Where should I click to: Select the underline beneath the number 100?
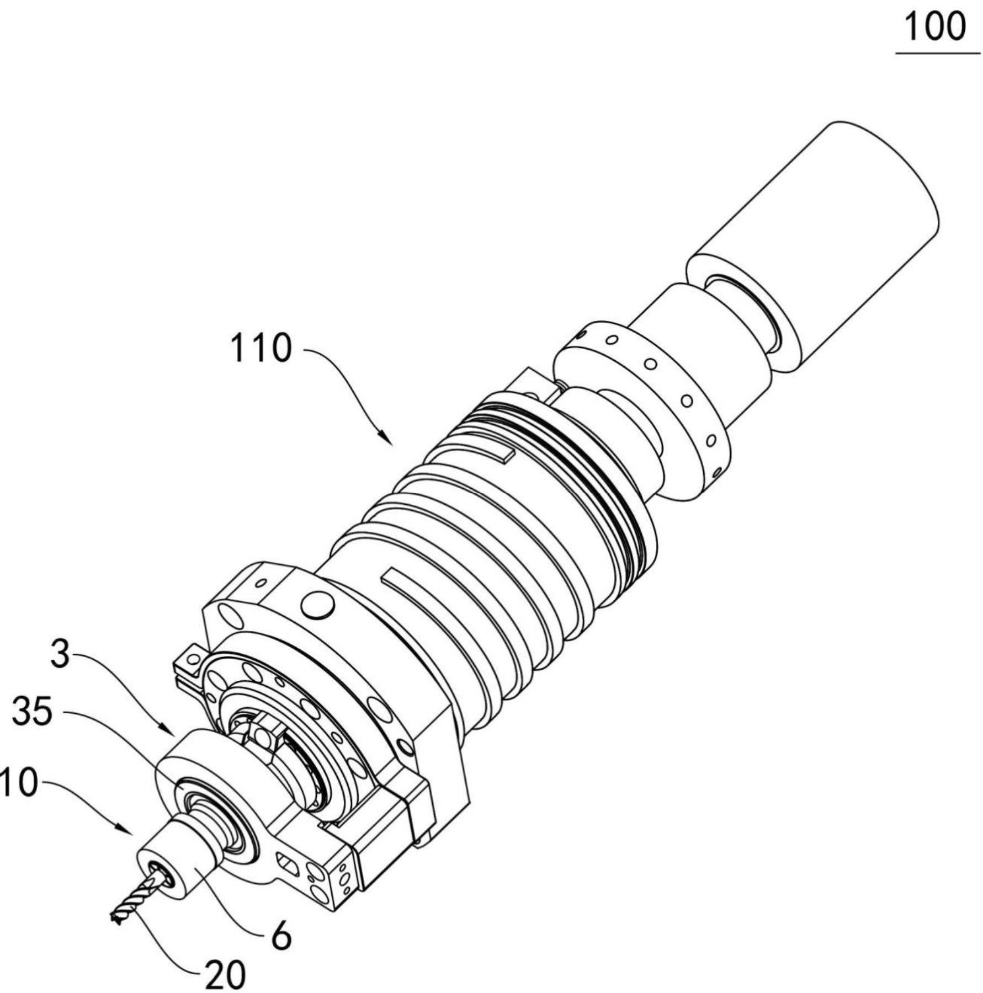pyautogui.click(x=938, y=54)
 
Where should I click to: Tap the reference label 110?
pyautogui.click(x=261, y=348)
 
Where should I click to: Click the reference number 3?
pyautogui.click(x=60, y=654)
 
